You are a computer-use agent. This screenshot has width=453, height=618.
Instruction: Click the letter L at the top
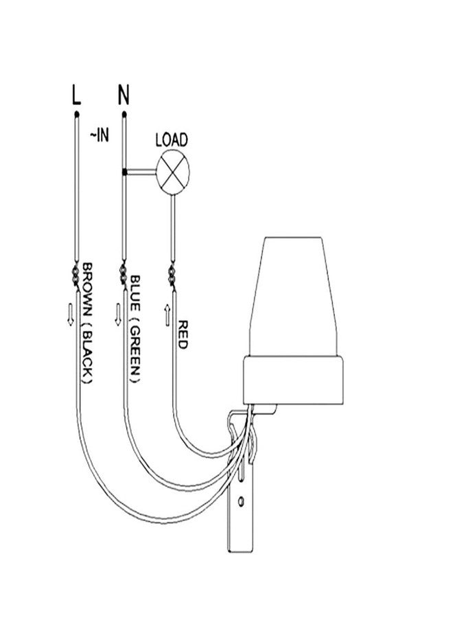coord(76,95)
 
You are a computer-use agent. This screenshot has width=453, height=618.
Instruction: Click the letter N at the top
coord(124,95)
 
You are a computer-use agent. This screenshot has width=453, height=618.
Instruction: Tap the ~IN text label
coord(99,135)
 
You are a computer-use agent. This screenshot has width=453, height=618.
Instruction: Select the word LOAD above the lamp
coord(172,140)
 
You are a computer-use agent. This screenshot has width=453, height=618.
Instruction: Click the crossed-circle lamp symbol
coord(172,172)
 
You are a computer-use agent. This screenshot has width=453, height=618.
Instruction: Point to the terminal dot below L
coord(77,114)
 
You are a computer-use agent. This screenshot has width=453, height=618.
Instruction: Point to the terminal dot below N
coord(124,114)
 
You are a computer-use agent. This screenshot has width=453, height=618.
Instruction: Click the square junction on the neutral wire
coord(124,172)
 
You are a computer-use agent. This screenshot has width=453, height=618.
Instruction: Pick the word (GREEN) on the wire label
coord(135,348)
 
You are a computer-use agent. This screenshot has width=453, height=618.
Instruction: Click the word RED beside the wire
coord(183,334)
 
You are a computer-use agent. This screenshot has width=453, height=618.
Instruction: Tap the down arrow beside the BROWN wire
coord(71,314)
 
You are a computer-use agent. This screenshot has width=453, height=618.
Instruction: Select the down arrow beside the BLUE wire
coord(118,314)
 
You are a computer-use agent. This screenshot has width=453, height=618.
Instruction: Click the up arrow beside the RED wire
coord(167,315)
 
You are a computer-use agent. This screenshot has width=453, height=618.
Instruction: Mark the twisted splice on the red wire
coord(172,276)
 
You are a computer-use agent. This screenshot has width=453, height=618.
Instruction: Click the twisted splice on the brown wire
coord(75,276)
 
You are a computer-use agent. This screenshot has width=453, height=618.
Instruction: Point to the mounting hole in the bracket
coord(241,501)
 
